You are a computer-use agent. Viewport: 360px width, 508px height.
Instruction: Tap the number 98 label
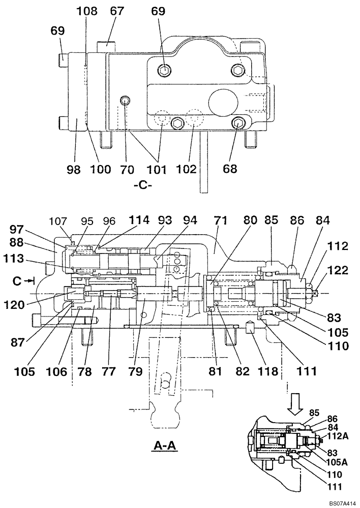[x=74, y=169]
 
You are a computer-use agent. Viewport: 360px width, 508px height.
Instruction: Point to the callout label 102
[x=187, y=169]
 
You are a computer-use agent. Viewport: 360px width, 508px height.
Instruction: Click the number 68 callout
[x=230, y=169]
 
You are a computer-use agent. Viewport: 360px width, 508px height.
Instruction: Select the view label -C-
[x=143, y=185]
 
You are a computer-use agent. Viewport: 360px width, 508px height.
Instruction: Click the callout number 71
[x=220, y=220]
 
